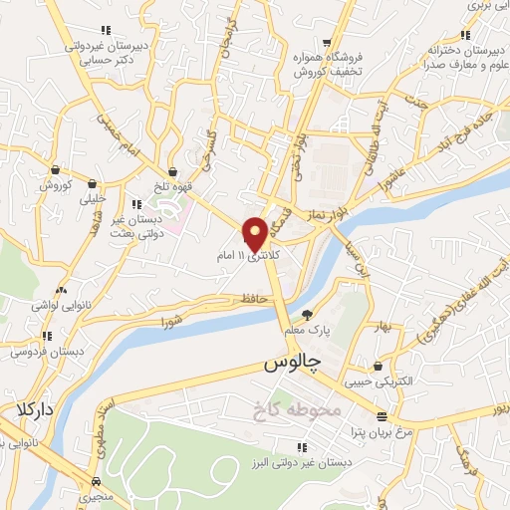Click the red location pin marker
(x=255, y=233)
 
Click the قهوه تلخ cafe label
(x=172, y=186)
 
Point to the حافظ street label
(x=250, y=299)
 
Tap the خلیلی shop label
(x=92, y=197)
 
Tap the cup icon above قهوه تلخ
(x=172, y=171)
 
